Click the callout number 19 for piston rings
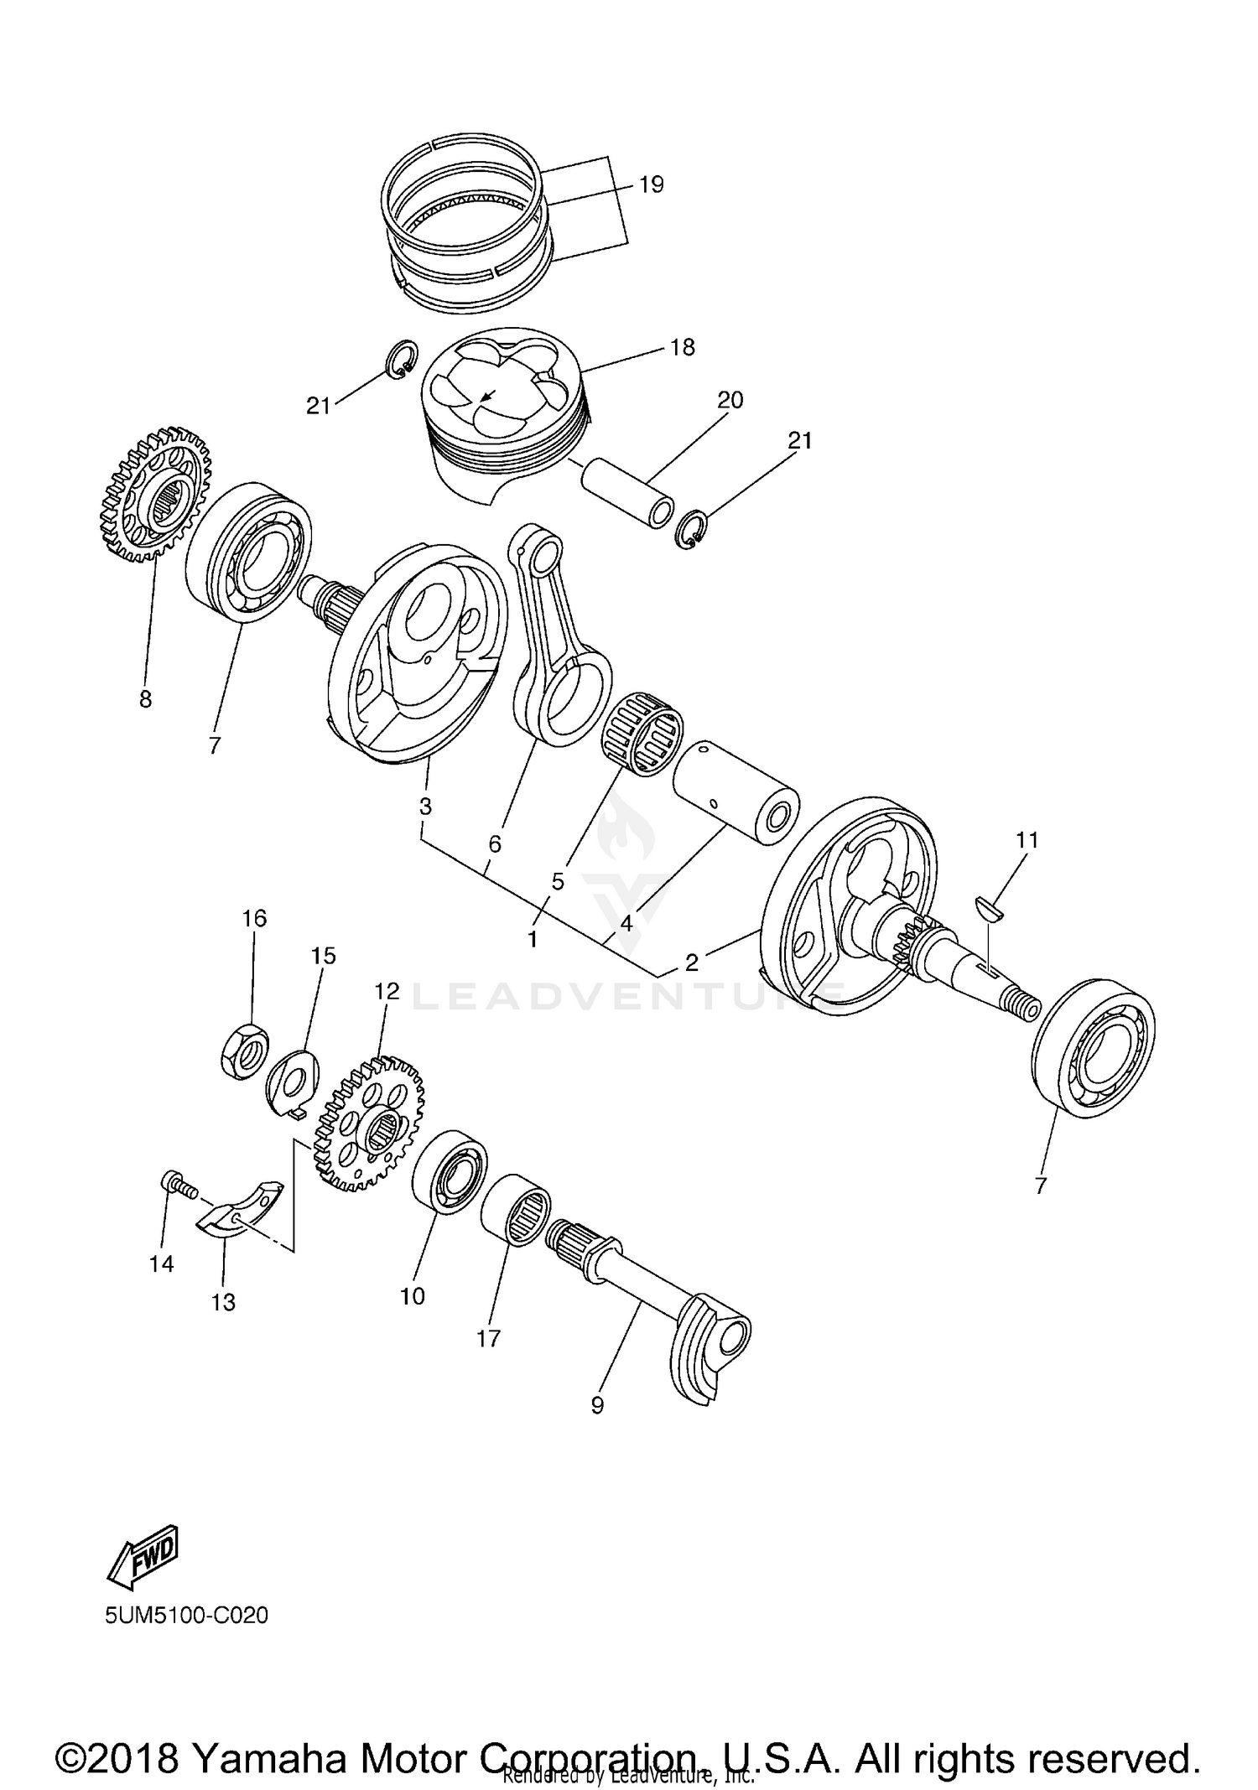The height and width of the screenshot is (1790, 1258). tap(651, 184)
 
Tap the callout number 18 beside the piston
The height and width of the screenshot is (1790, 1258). tap(683, 347)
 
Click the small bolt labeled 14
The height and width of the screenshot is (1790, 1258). tap(174, 1184)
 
